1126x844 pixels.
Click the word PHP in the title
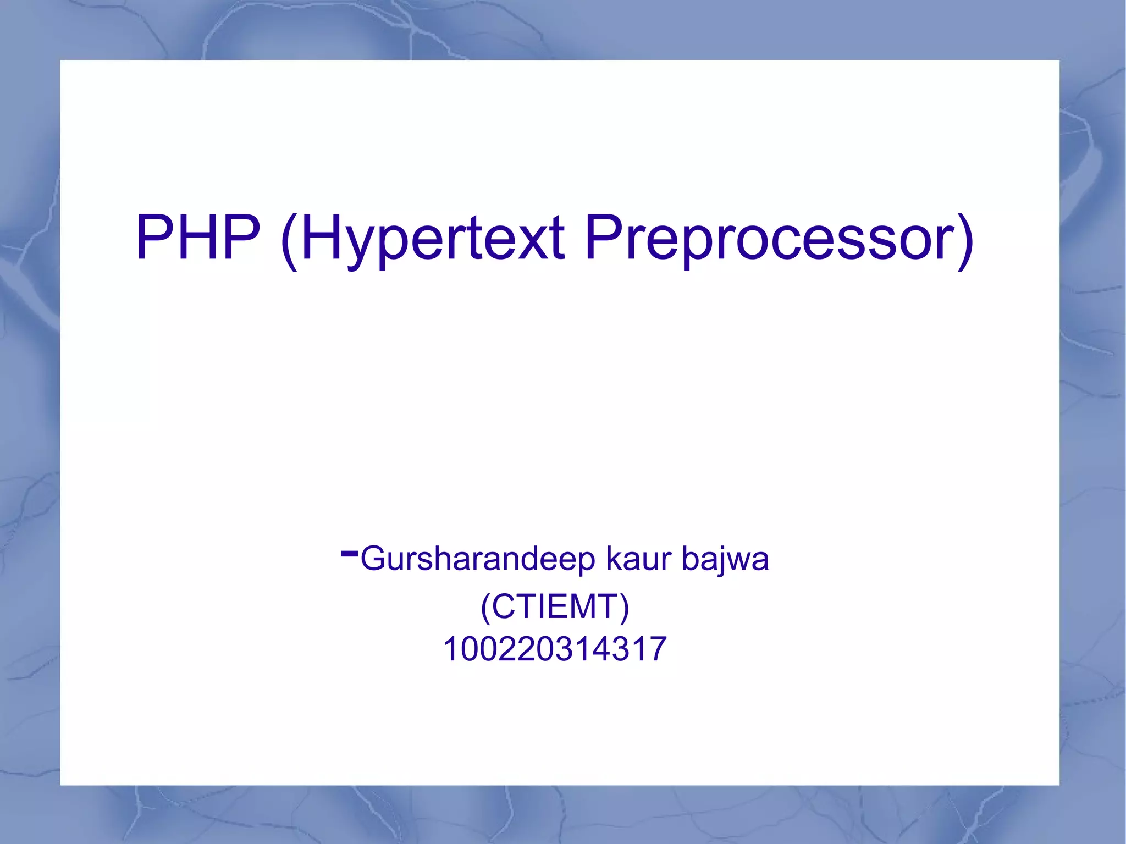[x=198, y=238]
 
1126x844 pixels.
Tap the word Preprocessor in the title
[x=770, y=238]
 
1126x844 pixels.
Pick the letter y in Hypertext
[x=362, y=247]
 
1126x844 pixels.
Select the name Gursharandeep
[x=477, y=559]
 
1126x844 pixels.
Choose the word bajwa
[x=725, y=559]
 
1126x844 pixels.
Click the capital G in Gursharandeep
[x=374, y=559]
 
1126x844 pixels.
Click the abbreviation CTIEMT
[x=555, y=606]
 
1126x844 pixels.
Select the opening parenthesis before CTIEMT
[x=485, y=608]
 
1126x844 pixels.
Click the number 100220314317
[x=555, y=649]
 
